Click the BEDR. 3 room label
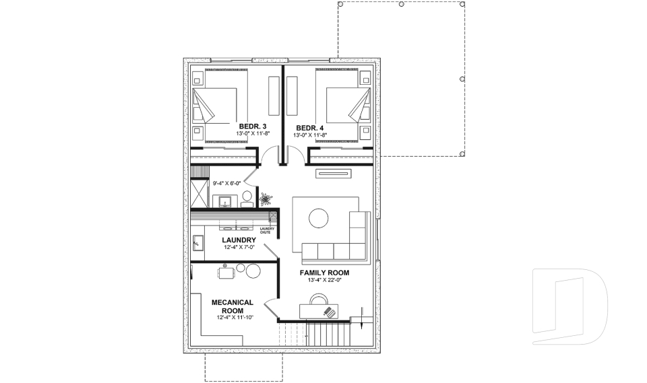click(253, 127)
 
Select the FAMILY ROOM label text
click(324, 272)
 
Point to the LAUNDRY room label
click(239, 240)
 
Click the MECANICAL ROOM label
click(233, 306)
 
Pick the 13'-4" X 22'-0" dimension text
click(324, 281)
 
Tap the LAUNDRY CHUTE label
click(267, 231)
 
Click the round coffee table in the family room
click(318, 217)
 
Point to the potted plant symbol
click(265, 199)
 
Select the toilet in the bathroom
click(247, 199)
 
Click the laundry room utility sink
click(197, 242)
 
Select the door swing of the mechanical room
click(271, 310)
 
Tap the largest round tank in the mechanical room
click(253, 271)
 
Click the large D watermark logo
click(569, 306)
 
